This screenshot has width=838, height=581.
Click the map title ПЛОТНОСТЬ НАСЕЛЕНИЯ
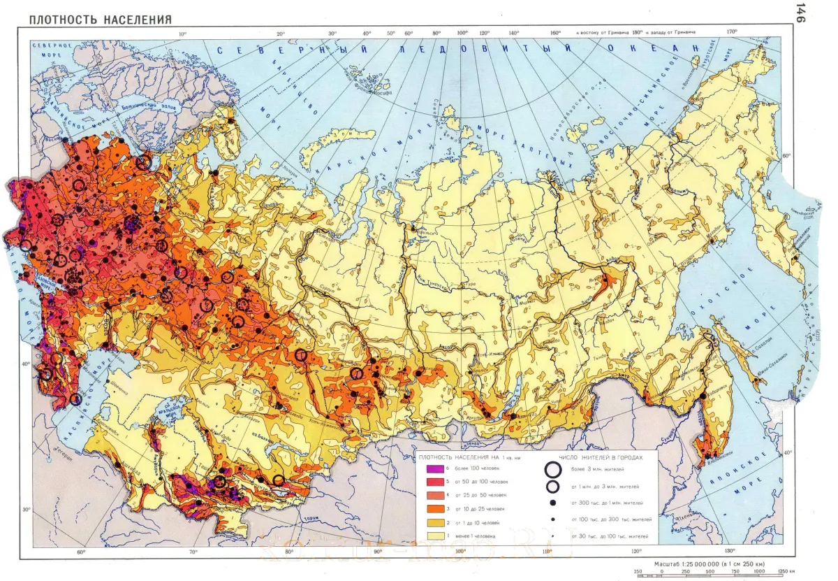click(x=100, y=20)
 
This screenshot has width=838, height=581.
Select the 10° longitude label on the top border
click(x=183, y=34)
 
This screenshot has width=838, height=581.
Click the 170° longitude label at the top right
click(x=732, y=31)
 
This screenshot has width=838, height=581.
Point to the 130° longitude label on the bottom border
click(x=730, y=552)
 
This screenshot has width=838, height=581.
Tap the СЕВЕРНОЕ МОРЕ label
click(x=59, y=52)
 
